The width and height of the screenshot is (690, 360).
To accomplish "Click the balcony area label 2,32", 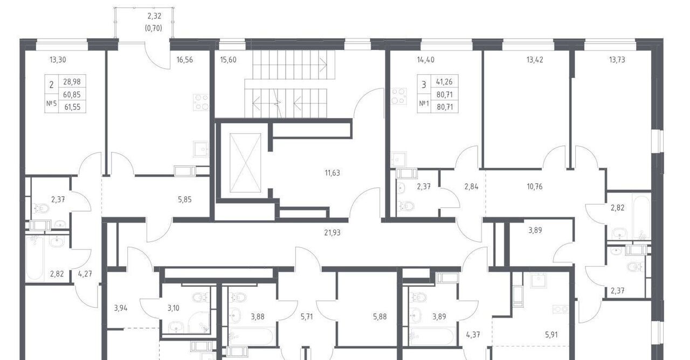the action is pos(154,16).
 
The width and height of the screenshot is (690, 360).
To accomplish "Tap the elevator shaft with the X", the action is pos(245,163).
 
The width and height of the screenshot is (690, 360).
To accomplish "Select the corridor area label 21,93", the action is pos(332,232).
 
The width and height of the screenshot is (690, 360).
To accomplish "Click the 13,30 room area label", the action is pos(58,60).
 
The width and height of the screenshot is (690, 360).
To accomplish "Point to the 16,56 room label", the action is pos(184,60).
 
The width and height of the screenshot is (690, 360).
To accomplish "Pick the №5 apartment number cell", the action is pos(51,103).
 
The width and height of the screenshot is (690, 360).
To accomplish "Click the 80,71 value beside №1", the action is pos(445,107).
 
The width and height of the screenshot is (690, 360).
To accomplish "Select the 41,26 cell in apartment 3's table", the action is pos(444,81).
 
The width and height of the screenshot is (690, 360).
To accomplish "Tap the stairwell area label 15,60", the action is pos(228,60).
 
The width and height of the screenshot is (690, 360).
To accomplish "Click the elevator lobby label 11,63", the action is pos(332,173).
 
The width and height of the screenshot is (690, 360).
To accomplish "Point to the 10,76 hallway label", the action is pos(534,186).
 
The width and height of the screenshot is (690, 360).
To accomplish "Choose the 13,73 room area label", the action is pos(617,60).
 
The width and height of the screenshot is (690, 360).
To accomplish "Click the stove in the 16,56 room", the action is pos(201,102).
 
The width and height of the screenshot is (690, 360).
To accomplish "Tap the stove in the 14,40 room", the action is pos(398,96).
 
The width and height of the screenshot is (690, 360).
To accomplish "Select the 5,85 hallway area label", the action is pos(184,199).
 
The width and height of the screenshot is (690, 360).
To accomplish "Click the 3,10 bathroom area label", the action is pos(173,308).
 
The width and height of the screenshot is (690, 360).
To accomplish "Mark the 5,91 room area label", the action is pos(551,335).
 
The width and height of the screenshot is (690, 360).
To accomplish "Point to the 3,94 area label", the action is pos(120,308).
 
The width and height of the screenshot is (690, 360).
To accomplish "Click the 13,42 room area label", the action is pos(534,60).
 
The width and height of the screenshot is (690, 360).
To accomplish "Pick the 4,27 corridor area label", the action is pos(85,274).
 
